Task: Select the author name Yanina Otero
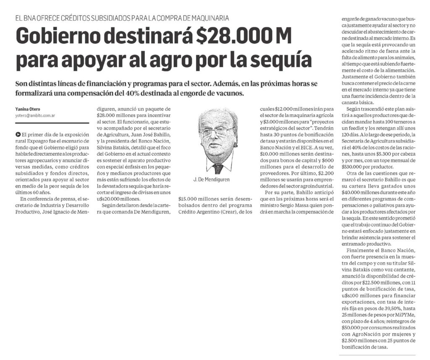click(x=29, y=109)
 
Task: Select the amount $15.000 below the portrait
click(x=189, y=198)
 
